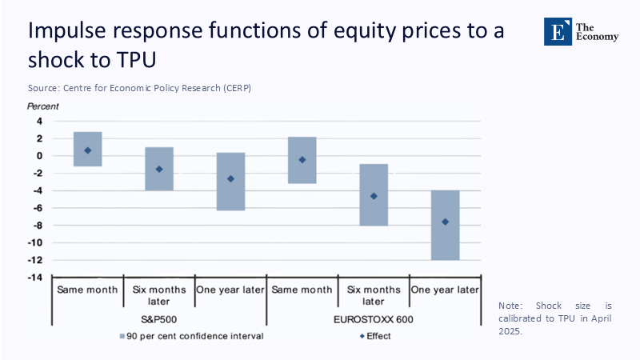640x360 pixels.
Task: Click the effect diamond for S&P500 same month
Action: [87, 150]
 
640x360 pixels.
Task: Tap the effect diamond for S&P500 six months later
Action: [159, 169]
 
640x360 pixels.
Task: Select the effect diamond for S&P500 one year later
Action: [230, 178]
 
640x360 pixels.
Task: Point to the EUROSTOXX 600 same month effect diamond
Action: [302, 160]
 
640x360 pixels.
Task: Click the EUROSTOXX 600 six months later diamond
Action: [374, 196]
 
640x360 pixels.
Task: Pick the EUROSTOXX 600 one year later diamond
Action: [445, 222]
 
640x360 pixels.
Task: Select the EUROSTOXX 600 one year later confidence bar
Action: [445, 240]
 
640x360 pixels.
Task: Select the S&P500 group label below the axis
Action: [159, 319]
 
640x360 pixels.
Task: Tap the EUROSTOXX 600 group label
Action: [374, 319]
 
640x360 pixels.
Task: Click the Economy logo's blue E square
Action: [558, 30]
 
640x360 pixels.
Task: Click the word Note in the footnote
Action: [510, 306]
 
